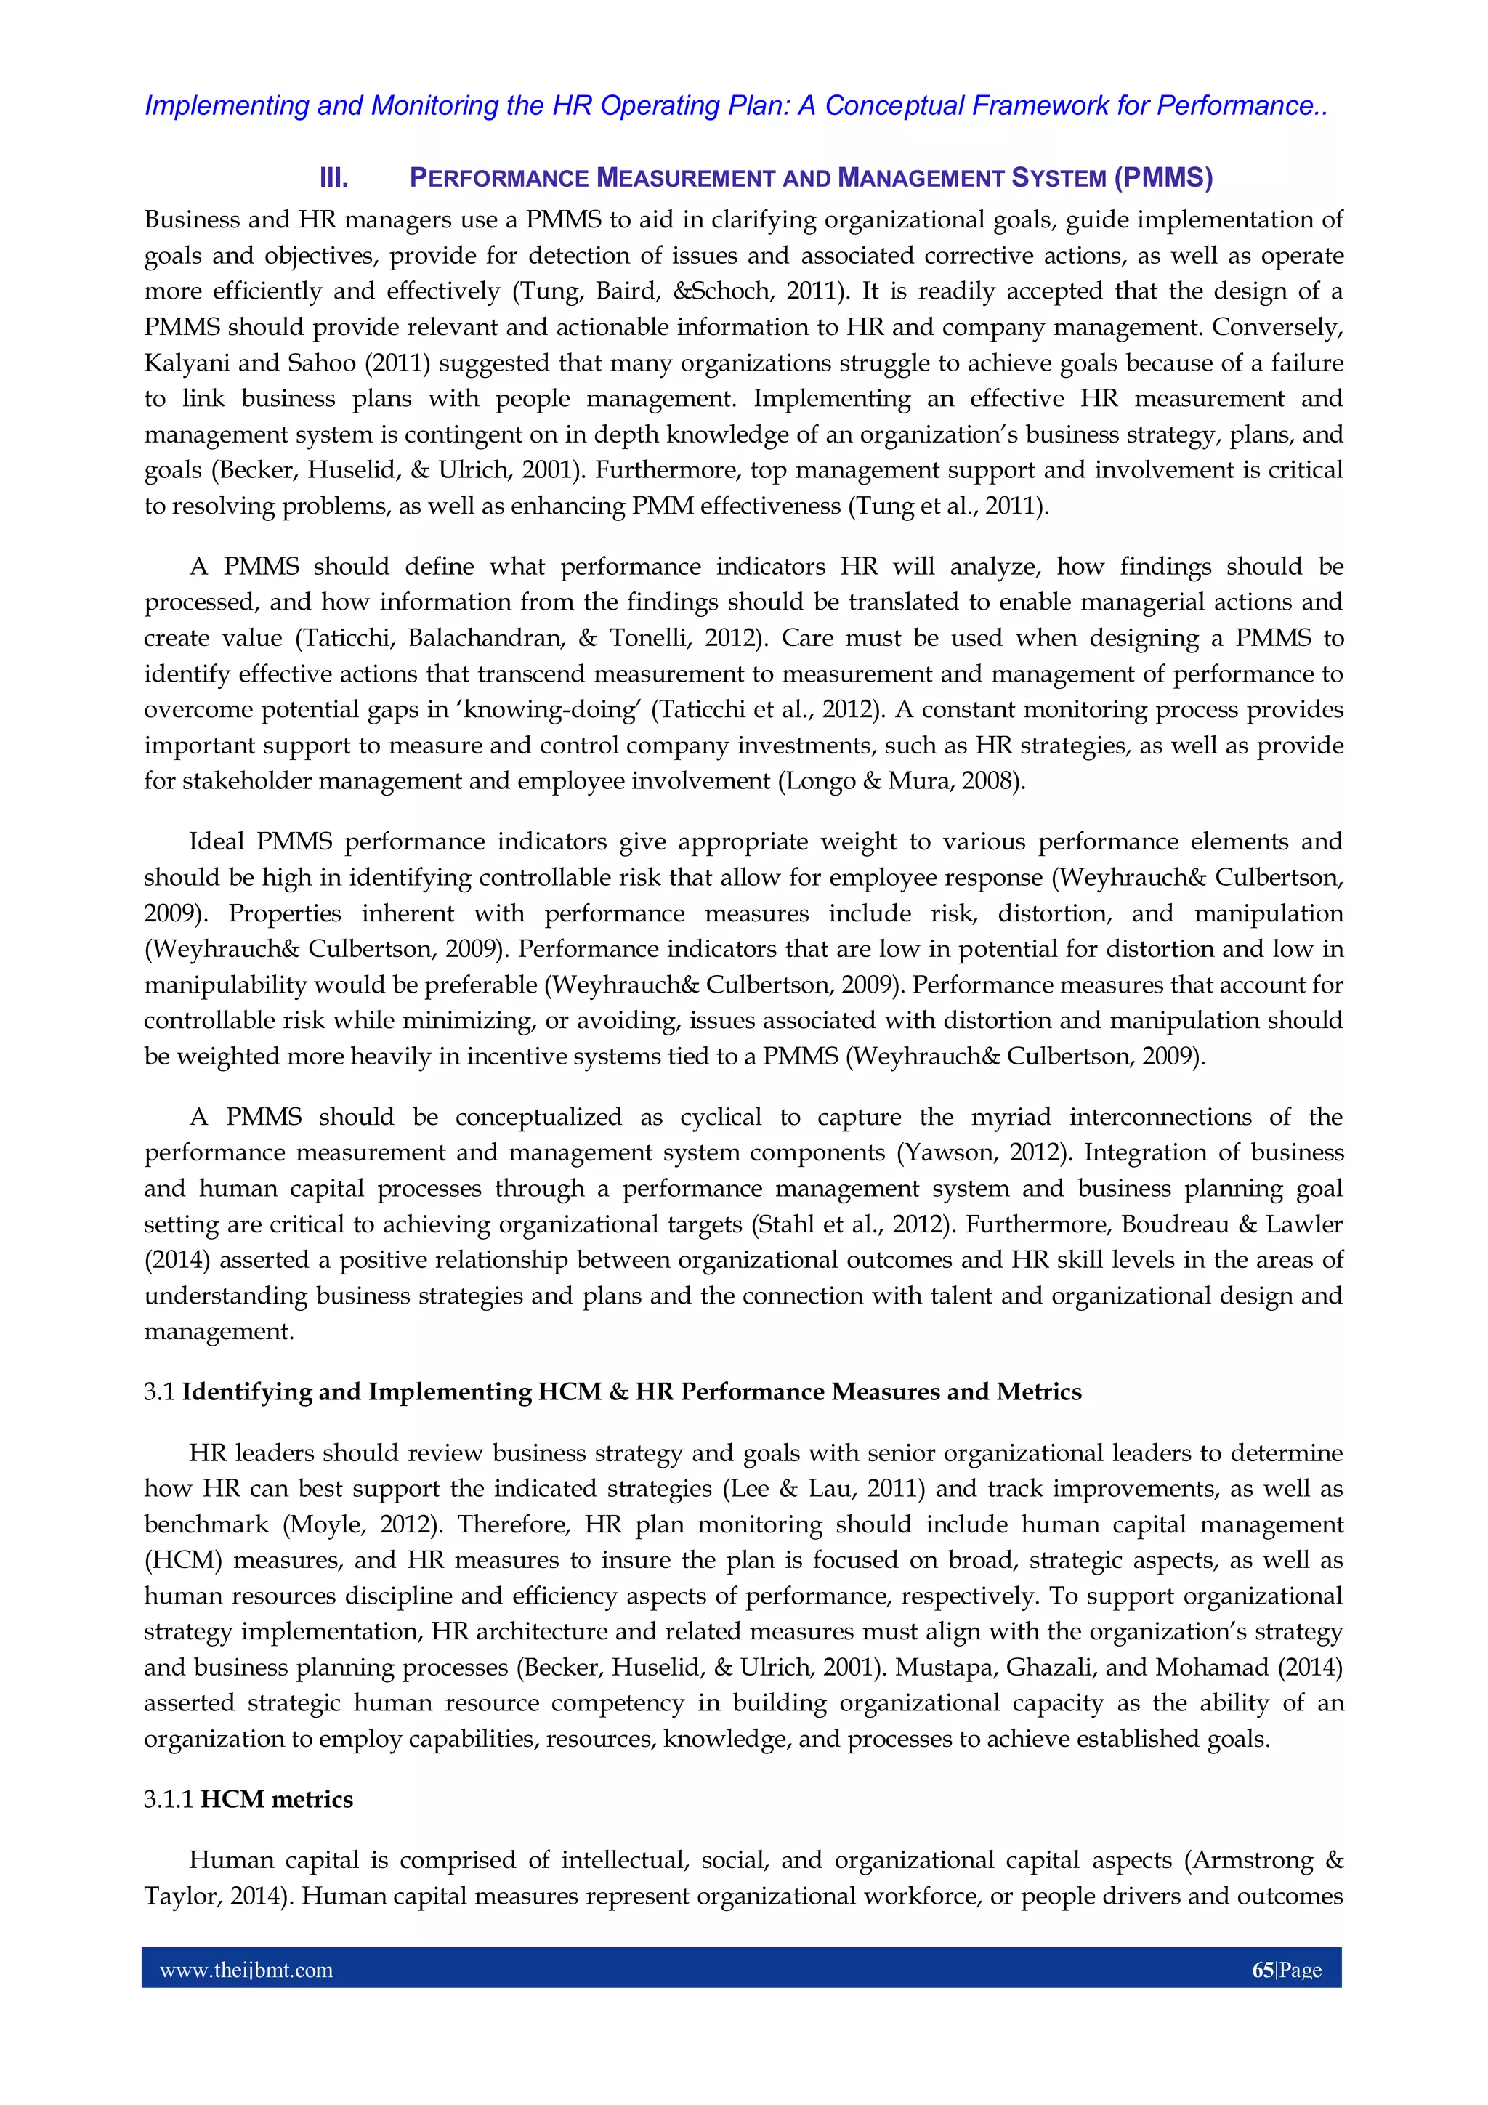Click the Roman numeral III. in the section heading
tap(333, 178)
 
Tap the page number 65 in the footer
tap(1263, 1971)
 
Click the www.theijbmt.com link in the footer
tap(246, 1971)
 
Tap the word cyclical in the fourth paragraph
tap(721, 1117)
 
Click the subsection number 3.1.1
tap(169, 1799)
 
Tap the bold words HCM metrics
tap(277, 1799)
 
